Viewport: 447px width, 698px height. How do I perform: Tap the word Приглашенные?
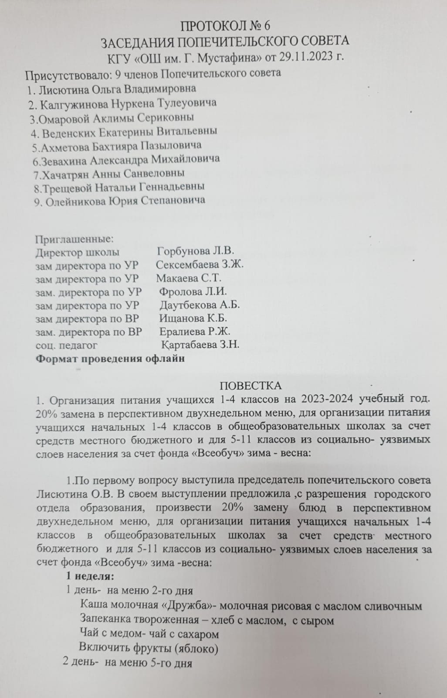tap(74, 239)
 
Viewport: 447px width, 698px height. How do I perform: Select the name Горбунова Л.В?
tap(196, 251)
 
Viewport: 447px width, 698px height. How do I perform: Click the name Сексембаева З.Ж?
tap(200, 265)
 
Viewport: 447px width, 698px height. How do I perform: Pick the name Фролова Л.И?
tap(193, 291)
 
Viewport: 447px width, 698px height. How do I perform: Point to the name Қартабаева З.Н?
tap(200, 345)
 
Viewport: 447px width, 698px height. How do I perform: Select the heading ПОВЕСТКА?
tap(250, 386)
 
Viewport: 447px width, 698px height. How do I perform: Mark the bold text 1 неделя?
tap(90, 576)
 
